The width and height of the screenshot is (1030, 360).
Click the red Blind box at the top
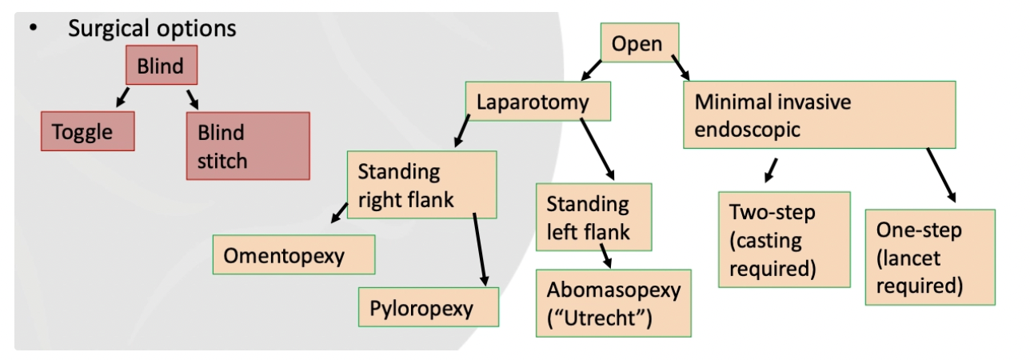[x=161, y=66]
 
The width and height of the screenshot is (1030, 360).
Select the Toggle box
[x=88, y=131]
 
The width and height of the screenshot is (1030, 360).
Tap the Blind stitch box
[x=247, y=146]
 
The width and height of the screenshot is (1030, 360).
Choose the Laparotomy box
[x=538, y=102]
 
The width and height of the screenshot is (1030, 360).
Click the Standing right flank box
[x=421, y=184]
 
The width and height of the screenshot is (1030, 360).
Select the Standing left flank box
[x=593, y=218]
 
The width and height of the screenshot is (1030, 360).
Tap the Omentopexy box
[x=293, y=255]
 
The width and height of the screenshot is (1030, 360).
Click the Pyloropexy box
[x=429, y=307]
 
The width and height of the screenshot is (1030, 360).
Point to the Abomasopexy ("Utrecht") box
[x=613, y=303]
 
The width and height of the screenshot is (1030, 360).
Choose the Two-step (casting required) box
[x=784, y=239]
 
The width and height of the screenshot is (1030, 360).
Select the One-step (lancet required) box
[x=929, y=257]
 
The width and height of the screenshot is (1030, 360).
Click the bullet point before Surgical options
[x=34, y=29]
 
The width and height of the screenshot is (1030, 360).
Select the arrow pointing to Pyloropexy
[x=480, y=248]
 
